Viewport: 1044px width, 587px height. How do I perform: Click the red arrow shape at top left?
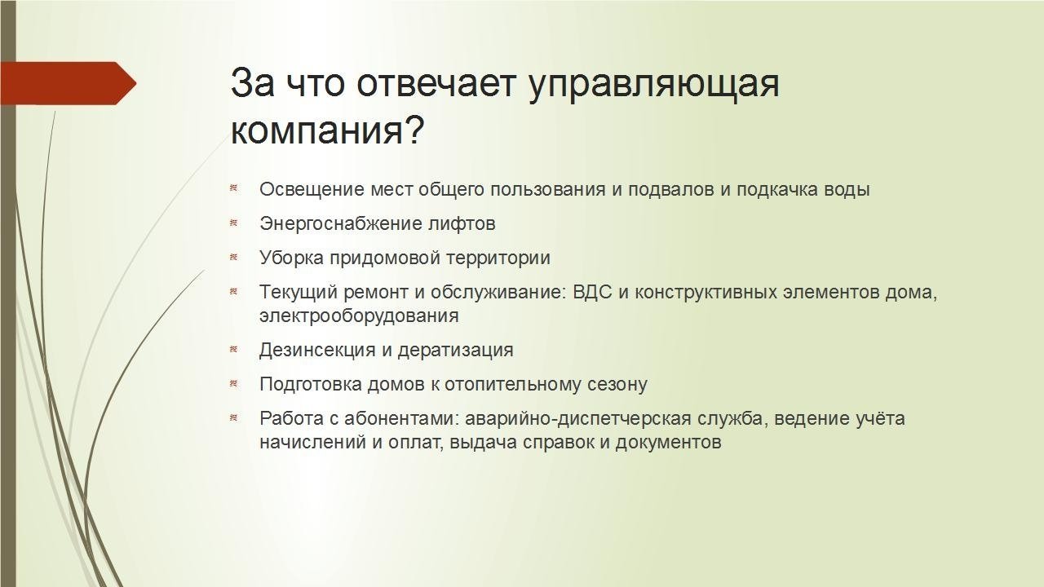(69, 83)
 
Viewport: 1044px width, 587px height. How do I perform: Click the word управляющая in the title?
(653, 85)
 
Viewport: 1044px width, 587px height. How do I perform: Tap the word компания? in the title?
(328, 130)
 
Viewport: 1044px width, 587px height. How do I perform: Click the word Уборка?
(291, 258)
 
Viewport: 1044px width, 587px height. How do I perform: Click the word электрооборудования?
(359, 316)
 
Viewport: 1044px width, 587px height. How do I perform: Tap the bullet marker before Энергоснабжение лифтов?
(233, 223)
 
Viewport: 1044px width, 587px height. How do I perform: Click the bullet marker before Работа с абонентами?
(233, 418)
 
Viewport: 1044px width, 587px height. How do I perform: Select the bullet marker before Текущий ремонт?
(233, 292)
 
